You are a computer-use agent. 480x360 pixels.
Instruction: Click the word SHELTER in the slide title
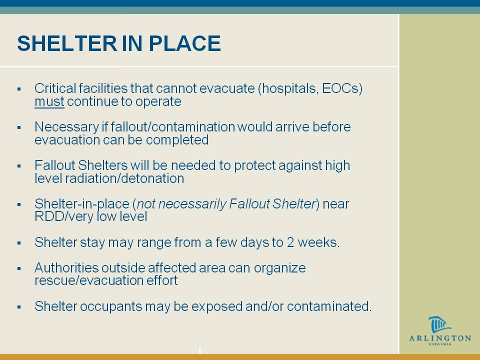point(67,43)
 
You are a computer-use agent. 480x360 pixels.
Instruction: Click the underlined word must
point(49,101)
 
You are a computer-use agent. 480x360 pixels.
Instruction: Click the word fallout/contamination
point(172,126)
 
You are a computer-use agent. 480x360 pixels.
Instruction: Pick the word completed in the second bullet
point(177,140)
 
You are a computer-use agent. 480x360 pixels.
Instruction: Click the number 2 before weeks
point(290,242)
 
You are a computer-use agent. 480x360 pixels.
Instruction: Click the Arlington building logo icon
point(439,325)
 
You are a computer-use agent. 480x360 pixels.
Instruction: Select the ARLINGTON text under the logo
point(440,338)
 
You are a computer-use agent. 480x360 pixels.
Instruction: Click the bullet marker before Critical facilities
point(19,89)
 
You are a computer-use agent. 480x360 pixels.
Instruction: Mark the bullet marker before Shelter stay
point(19,243)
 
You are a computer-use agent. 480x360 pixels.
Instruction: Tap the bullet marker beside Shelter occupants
point(19,307)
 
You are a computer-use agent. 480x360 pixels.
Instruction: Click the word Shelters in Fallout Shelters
point(102,165)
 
